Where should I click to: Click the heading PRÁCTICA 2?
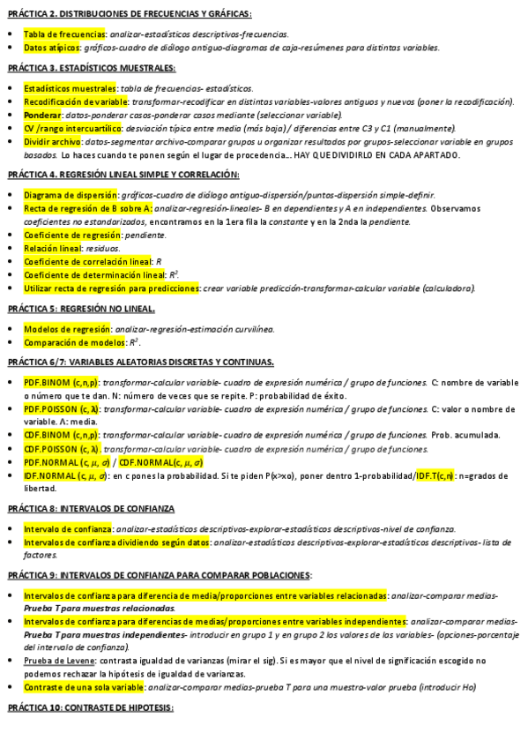click(129, 14)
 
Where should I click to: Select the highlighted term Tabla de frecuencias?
click(65, 34)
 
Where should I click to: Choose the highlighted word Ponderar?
click(42, 115)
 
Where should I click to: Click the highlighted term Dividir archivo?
click(54, 141)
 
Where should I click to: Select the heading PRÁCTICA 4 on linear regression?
click(123, 175)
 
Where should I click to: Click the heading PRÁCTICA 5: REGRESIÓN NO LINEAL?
click(82, 309)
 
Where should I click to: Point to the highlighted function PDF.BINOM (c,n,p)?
click(61, 384)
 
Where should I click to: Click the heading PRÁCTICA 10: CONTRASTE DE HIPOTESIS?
click(91, 708)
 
